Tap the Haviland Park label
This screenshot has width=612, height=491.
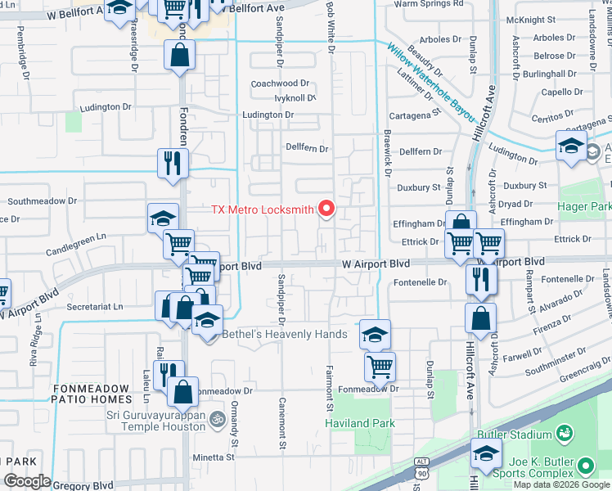(x=359, y=423)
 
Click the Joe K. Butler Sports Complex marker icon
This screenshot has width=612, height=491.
(x=586, y=466)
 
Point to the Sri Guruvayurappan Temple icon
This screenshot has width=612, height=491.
(x=217, y=419)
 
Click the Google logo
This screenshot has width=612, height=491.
(x=27, y=481)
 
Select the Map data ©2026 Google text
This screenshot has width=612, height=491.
(x=561, y=484)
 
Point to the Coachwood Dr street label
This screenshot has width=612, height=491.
(x=280, y=83)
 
